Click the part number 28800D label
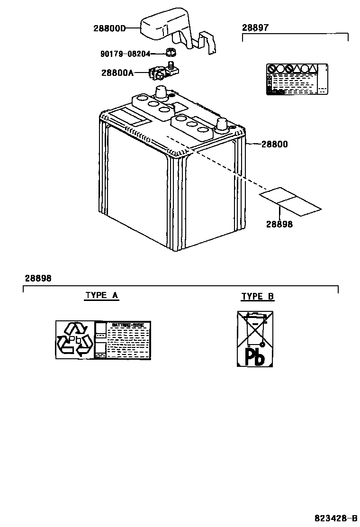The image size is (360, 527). click(109, 28)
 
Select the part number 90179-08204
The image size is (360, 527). click(125, 54)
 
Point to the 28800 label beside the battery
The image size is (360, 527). click(274, 144)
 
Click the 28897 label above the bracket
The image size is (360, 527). click(255, 28)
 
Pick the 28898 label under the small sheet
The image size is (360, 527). click(279, 224)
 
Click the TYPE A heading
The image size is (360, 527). click(102, 295)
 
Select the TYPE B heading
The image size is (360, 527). click(257, 297)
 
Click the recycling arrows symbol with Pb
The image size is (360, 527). click(74, 339)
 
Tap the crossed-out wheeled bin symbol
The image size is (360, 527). click(255, 328)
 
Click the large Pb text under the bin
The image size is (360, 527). click(255, 356)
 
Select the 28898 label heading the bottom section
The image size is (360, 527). click(38, 278)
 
